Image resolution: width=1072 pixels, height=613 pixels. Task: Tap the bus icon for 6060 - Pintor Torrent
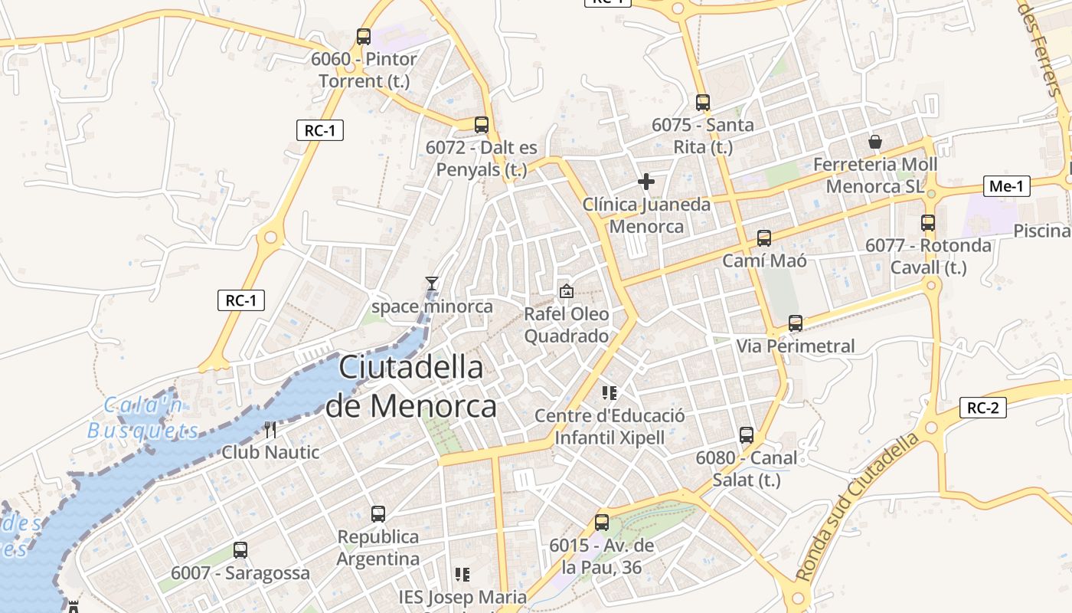(364, 36)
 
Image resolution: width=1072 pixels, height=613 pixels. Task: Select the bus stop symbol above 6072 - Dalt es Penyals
(482, 124)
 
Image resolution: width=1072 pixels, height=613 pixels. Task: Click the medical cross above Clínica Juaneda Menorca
(646, 182)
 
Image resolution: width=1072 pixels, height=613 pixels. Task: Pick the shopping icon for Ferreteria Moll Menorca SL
(875, 142)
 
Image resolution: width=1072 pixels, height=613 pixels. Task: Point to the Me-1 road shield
(1006, 185)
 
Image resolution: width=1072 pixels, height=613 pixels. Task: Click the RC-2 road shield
(982, 408)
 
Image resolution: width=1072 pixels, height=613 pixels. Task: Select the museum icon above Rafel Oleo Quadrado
(567, 291)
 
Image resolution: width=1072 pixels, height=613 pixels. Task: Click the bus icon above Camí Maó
(764, 238)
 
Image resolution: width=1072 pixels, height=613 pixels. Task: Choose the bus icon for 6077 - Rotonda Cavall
(928, 223)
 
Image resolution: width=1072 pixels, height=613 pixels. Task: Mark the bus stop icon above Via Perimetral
(796, 323)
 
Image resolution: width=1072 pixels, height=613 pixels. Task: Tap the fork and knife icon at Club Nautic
(270, 429)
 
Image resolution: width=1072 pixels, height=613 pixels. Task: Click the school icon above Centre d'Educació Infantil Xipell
(610, 393)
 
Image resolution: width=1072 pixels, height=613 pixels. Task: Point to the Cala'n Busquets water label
(143, 418)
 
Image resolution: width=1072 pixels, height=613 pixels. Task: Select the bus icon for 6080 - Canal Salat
(747, 435)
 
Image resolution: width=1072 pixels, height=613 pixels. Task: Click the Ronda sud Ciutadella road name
(857, 507)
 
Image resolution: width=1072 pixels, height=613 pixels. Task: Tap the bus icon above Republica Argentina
(378, 514)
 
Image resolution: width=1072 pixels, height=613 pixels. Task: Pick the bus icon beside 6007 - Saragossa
(240, 549)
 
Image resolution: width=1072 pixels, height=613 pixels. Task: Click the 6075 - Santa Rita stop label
(703, 135)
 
